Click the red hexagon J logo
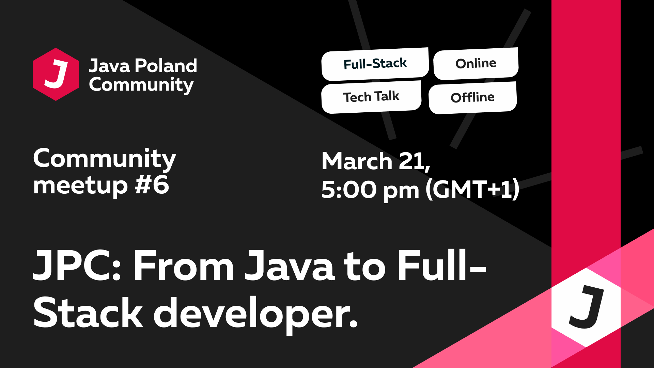coord(56,74)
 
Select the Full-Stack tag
coord(375,64)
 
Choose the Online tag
coord(476,63)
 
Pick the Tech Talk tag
coord(371,97)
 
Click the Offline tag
coord(472,98)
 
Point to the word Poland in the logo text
coord(166,66)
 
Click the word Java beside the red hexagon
coord(109,66)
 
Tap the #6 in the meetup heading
coord(152,185)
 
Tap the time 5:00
coord(349,190)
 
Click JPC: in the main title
coord(77,266)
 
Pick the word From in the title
coord(183,266)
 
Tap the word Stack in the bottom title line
coord(88,313)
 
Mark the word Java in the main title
coord(290,266)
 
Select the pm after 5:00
coord(401,191)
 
